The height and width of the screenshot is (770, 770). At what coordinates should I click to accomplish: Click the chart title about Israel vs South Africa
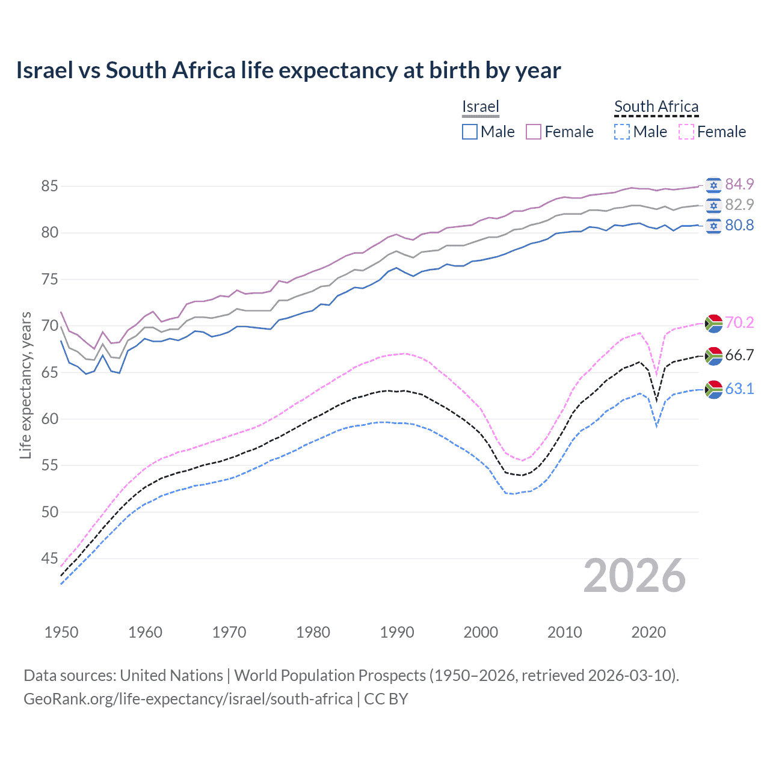[288, 70]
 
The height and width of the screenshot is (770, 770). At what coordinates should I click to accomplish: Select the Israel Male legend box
[470, 132]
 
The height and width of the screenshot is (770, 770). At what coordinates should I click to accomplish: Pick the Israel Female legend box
[534, 132]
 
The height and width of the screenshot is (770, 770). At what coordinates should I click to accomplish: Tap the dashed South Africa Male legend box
[622, 132]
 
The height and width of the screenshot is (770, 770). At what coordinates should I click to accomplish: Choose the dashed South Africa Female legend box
[686, 132]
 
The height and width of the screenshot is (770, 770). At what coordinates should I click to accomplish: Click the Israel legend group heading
[480, 106]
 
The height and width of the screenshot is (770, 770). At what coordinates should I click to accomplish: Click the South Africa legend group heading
[656, 106]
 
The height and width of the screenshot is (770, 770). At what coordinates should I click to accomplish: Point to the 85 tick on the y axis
[49, 186]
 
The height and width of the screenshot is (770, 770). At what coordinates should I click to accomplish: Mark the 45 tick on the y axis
[49, 559]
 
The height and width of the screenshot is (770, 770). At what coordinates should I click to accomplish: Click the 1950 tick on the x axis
[61, 632]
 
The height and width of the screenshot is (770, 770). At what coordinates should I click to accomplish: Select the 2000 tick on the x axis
[481, 632]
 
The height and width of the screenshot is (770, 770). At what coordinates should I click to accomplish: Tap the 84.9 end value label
[739, 184]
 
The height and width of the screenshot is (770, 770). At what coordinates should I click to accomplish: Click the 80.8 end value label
[739, 225]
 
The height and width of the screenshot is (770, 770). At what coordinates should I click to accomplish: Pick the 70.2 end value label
[739, 322]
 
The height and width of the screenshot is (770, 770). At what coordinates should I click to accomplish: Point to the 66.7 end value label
[739, 355]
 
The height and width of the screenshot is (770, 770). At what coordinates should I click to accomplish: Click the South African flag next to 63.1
[713, 389]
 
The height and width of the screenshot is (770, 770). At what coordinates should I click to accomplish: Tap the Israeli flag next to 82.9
[713, 205]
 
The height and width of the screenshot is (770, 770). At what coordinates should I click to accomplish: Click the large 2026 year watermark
[635, 576]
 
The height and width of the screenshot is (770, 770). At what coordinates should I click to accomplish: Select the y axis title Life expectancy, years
[25, 385]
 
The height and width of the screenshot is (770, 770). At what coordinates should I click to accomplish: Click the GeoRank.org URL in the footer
[188, 699]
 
